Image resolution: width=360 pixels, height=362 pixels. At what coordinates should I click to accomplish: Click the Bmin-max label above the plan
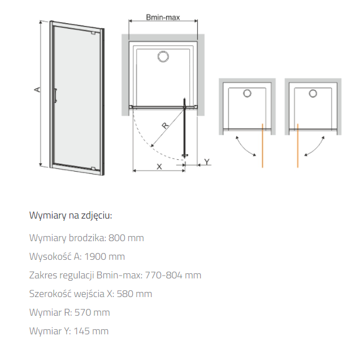tap(163, 18)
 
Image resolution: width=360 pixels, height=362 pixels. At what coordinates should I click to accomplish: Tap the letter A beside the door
tap(37, 89)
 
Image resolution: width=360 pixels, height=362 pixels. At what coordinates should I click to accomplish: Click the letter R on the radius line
tap(165, 125)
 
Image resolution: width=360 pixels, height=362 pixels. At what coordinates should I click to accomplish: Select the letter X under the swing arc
tap(159, 167)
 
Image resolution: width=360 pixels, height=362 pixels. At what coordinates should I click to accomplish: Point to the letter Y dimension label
tap(207, 162)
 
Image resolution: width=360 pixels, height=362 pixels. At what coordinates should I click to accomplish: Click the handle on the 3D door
tap(55, 95)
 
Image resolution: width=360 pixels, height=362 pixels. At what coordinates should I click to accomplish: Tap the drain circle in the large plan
tap(163, 56)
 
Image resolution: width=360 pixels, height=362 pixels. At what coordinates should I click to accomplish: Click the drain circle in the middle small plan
tap(247, 94)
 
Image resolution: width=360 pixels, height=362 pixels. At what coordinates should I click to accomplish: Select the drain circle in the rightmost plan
tap(313, 94)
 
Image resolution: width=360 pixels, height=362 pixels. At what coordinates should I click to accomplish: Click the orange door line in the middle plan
tap(262, 146)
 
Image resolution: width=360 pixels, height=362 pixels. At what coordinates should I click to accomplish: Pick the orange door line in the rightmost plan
tap(298, 146)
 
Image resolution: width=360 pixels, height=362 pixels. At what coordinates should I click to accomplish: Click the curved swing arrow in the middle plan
tap(244, 149)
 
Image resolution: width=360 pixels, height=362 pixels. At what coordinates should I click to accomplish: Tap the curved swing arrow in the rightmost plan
tap(316, 149)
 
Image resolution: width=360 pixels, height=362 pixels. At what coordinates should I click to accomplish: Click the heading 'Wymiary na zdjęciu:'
tap(71, 215)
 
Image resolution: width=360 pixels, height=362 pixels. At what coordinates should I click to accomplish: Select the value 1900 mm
tap(105, 256)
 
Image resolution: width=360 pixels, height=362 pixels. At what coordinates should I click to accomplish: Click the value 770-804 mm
tap(173, 275)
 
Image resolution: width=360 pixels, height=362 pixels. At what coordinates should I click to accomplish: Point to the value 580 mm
tap(135, 294)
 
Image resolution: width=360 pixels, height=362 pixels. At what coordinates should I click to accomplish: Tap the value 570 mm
tap(92, 313)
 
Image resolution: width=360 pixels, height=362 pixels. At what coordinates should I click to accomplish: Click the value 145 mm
tap(91, 332)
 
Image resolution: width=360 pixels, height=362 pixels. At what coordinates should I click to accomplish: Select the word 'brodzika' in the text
tap(88, 238)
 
